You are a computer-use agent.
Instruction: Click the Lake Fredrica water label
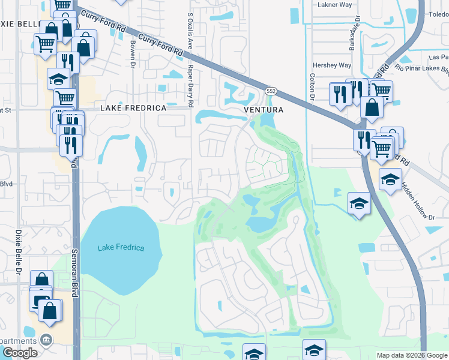121,248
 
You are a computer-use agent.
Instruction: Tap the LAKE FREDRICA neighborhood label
133,108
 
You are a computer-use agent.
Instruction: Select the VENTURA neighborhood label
263,110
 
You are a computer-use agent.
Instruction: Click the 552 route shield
271,91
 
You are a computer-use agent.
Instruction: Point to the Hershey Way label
331,65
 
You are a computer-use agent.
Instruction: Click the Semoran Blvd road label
76,283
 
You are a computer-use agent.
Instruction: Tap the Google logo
20,353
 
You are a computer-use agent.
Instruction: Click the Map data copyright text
412,355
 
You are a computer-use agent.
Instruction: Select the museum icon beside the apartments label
46,340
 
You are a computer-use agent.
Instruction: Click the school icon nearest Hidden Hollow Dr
390,180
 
